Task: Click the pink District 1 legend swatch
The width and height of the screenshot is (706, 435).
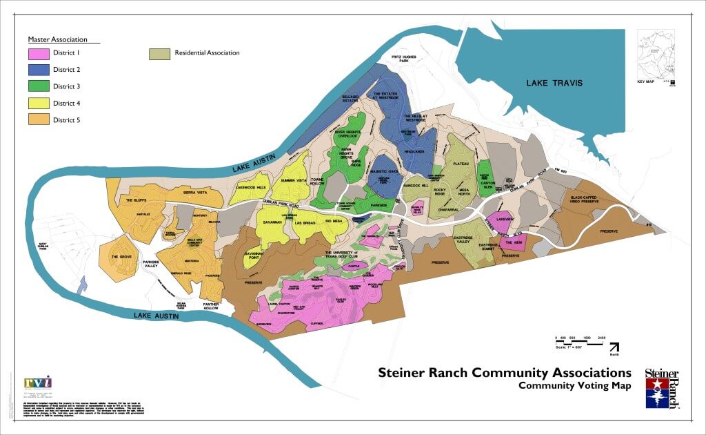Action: click(38, 53)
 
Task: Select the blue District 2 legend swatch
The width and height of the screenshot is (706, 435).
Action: click(38, 70)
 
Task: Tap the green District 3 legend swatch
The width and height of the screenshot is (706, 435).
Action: click(38, 86)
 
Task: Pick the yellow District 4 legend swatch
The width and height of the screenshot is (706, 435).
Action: click(38, 104)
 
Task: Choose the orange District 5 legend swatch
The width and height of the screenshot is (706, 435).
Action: click(38, 120)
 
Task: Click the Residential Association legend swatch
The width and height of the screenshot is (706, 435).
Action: click(159, 53)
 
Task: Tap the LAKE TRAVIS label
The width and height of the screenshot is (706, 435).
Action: click(554, 83)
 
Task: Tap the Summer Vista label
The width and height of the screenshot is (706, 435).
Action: click(293, 180)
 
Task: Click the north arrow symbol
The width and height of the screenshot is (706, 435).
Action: click(614, 347)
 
